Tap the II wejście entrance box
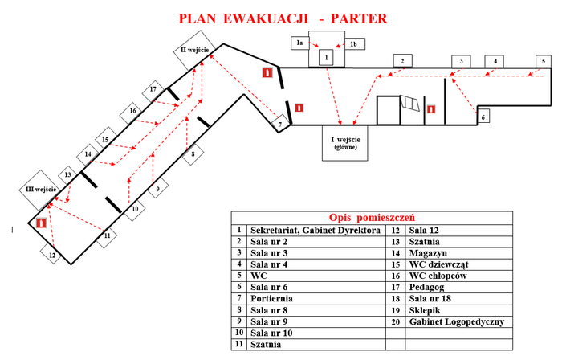point(193,51)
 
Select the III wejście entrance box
point(39,187)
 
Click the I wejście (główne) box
point(344,142)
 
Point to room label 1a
point(299,42)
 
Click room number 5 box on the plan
point(544,61)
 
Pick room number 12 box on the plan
point(52,256)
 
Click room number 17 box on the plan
point(153,90)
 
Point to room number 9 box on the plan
point(157,189)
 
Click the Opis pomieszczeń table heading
point(371,218)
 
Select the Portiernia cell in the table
point(316,297)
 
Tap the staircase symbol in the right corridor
point(410,104)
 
